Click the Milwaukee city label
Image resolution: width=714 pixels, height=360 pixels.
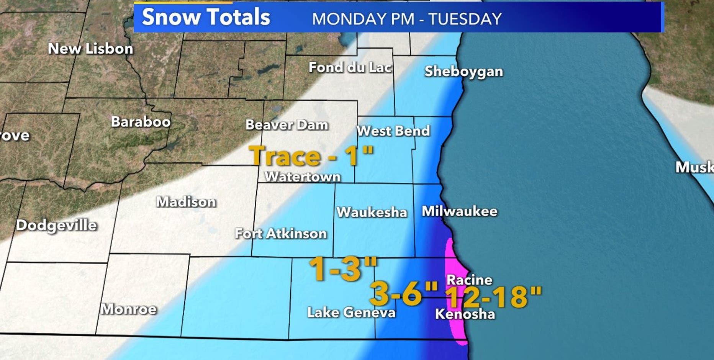[459, 211]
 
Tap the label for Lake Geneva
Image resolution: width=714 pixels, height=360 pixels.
[351, 312]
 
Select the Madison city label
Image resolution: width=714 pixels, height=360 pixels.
[186, 202]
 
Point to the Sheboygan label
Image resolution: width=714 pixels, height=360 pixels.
[463, 72]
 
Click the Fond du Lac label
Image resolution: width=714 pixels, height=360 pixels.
[350, 67]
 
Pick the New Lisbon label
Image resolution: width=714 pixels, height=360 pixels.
[90, 49]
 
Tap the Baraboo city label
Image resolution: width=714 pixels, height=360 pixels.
[141, 122]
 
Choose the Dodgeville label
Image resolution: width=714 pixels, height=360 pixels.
[56, 225]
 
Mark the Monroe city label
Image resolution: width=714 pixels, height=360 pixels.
[129, 309]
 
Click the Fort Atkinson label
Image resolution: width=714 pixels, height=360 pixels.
[281, 233]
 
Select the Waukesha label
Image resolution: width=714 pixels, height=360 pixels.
[372, 212]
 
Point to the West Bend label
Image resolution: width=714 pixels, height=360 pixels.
[393, 131]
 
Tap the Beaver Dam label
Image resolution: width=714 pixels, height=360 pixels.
[287, 125]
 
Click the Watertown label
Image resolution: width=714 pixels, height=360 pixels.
[303, 177]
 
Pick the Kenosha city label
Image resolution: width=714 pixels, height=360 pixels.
[465, 314]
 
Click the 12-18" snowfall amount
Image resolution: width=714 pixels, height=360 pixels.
[494, 297]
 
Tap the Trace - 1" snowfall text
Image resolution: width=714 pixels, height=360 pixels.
[311, 156]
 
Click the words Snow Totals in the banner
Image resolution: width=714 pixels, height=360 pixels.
[206, 17]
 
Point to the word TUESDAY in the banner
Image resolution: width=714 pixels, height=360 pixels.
[465, 19]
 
